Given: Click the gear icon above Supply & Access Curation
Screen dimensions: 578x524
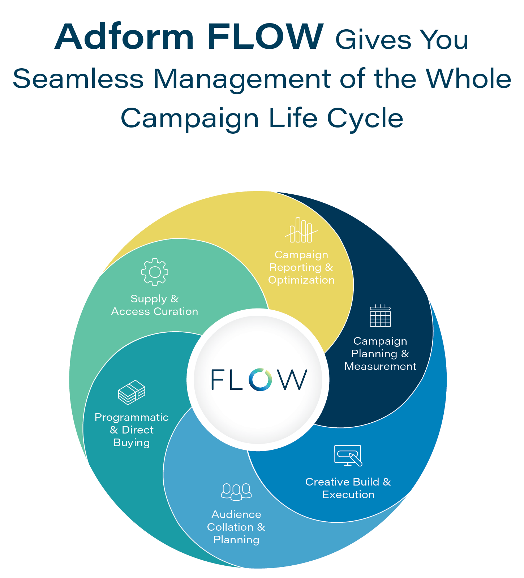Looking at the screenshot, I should click(x=155, y=272).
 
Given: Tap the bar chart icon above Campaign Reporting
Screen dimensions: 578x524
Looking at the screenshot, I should click(x=301, y=230).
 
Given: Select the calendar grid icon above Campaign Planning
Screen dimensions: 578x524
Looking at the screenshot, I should click(x=380, y=316).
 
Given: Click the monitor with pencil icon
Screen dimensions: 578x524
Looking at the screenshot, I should click(x=348, y=456).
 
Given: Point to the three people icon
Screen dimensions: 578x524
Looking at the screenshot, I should click(x=236, y=492).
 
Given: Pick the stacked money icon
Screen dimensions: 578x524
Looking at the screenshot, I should click(x=132, y=392).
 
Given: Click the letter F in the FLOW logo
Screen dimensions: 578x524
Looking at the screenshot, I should click(x=218, y=379).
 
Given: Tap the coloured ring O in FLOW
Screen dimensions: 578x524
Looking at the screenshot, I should click(x=259, y=380).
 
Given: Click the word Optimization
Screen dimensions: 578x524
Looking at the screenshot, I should click(x=301, y=280).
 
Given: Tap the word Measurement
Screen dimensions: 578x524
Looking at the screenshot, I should click(x=380, y=367).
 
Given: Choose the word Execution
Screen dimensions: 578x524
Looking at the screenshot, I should click(x=348, y=495).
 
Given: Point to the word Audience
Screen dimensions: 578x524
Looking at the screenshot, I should click(x=236, y=514).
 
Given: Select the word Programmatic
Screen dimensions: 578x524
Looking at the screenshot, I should click(x=132, y=418).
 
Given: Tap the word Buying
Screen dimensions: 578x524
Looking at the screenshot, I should click(x=132, y=443).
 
